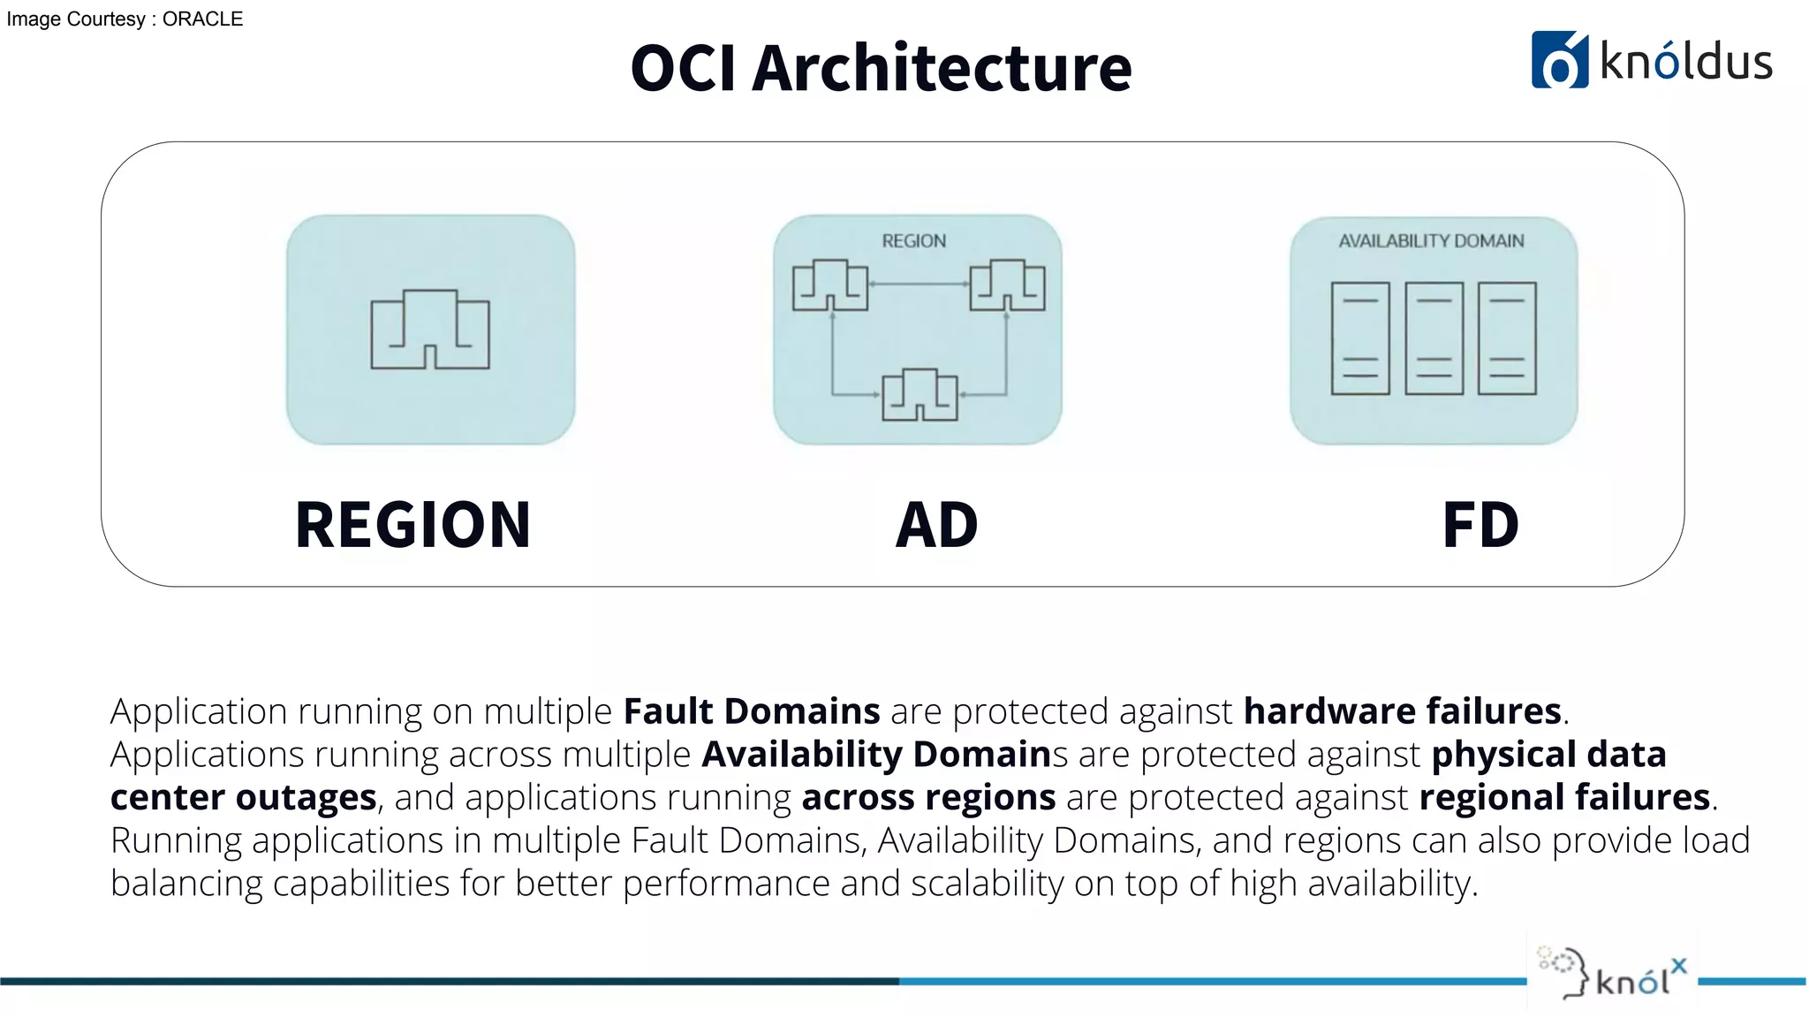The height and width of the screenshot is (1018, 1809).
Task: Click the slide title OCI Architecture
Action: click(881, 68)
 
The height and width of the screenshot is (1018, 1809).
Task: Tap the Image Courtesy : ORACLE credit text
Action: click(125, 19)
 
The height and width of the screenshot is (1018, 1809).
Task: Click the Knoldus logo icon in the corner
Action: click(1559, 60)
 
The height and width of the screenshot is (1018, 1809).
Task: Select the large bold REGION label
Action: click(413, 525)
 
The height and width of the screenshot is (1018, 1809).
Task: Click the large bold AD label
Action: click(936, 525)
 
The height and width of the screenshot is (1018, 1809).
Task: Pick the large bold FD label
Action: click(1480, 525)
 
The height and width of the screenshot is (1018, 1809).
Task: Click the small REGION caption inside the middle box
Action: click(913, 241)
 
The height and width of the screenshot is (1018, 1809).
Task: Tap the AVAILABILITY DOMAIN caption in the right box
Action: click(1431, 241)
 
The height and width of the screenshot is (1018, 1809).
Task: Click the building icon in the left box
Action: click(430, 330)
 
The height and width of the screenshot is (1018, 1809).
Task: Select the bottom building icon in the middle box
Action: click(920, 395)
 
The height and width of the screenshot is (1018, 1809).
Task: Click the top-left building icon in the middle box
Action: click(830, 285)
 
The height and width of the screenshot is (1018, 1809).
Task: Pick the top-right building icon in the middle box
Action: click(1007, 285)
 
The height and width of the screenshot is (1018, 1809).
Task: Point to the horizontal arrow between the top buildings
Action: click(919, 284)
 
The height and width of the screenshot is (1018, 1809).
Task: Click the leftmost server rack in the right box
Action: click(1360, 338)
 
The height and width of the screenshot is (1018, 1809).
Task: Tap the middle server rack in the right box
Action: click(1434, 338)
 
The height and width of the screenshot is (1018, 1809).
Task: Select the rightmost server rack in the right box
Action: click(1507, 338)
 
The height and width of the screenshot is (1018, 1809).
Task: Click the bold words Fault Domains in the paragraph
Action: click(752, 711)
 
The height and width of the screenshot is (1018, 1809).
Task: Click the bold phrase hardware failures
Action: click(1402, 711)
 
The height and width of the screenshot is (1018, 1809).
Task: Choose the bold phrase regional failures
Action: click(1564, 797)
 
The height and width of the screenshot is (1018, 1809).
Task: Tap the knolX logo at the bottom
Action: click(1613, 972)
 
